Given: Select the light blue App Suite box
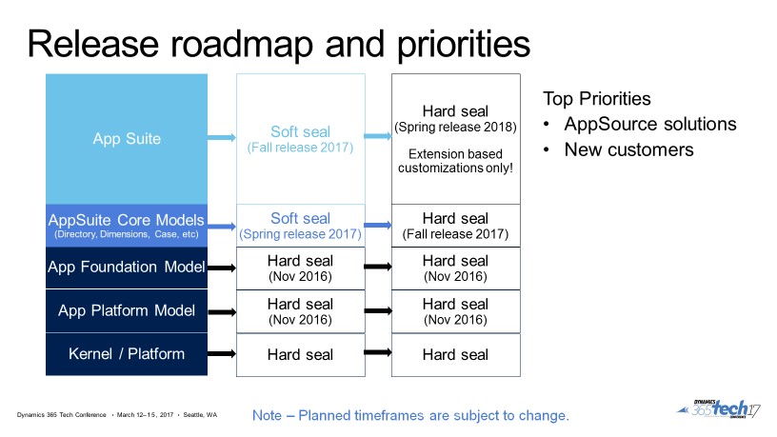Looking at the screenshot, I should [x=127, y=139].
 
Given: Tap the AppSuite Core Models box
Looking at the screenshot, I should [x=127, y=226].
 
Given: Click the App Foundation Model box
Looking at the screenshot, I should [x=127, y=268].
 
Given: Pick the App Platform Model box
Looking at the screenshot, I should [x=127, y=310].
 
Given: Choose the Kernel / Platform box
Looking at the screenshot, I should [x=127, y=354].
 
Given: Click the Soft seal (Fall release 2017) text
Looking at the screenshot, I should [x=300, y=139].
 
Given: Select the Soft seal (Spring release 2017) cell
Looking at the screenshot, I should [x=300, y=226].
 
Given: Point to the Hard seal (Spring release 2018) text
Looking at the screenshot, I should [x=455, y=118].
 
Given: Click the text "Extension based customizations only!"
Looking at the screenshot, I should [x=455, y=160].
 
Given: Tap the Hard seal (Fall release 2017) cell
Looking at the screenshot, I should [x=455, y=226].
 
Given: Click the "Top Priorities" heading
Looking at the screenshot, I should [x=597, y=99].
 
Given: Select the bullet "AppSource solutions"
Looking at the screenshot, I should [x=649, y=124].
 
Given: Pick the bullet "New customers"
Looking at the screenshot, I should [x=628, y=149].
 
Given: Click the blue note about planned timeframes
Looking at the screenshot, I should [x=410, y=416].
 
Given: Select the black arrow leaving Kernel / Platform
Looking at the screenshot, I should [x=221, y=354].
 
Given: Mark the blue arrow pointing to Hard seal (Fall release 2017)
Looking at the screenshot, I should [x=378, y=226].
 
